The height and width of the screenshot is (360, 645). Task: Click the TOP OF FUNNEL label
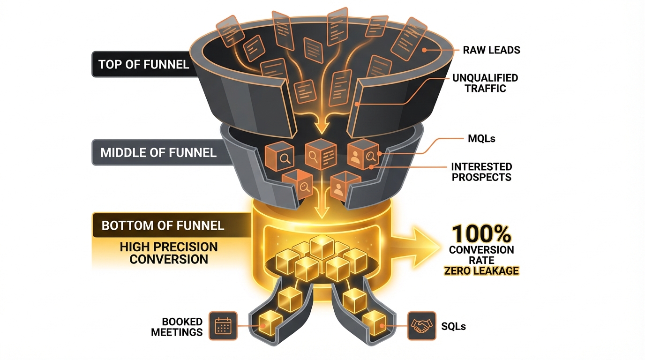144,64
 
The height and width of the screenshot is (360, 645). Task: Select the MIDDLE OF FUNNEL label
158,153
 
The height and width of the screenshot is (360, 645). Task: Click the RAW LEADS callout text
491,50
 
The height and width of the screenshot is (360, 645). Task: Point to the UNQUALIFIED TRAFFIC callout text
485,83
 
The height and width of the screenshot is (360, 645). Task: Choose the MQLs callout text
481,139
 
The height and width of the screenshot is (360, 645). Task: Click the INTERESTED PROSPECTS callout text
481,172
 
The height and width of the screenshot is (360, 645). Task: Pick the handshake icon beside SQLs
420,326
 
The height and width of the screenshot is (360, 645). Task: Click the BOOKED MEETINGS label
182,327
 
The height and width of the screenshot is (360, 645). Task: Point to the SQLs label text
453,326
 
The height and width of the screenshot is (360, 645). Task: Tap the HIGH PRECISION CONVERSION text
169,253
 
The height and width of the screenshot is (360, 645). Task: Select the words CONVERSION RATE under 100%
481,255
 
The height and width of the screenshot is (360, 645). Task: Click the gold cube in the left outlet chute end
270,321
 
